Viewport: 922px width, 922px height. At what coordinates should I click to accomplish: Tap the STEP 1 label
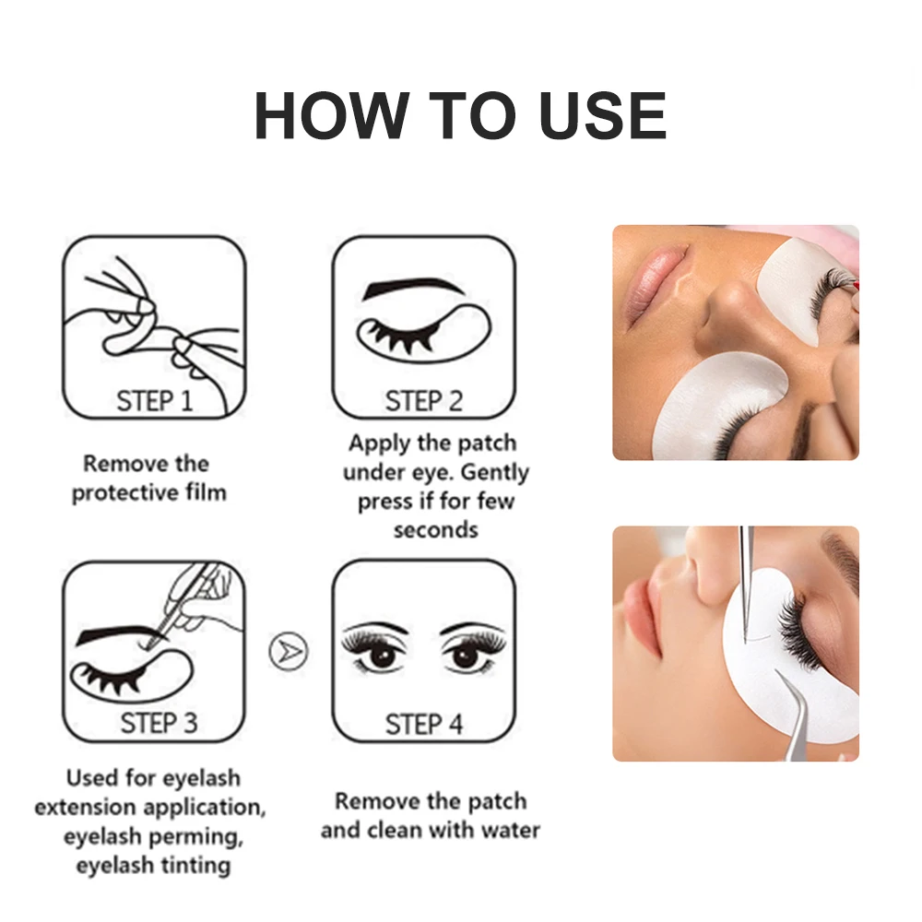tap(154, 401)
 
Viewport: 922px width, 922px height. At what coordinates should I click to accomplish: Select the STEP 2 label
tap(423, 401)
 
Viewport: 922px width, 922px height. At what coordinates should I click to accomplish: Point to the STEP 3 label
tap(159, 723)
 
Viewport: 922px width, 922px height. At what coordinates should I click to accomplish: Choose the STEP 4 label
tap(423, 724)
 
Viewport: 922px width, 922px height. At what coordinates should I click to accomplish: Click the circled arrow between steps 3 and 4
tap(287, 651)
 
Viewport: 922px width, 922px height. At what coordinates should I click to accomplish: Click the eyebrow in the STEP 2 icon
tap(412, 289)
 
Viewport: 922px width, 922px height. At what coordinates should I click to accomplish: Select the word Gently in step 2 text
tap(494, 472)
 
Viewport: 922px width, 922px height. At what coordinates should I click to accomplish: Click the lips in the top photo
tap(652, 282)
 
